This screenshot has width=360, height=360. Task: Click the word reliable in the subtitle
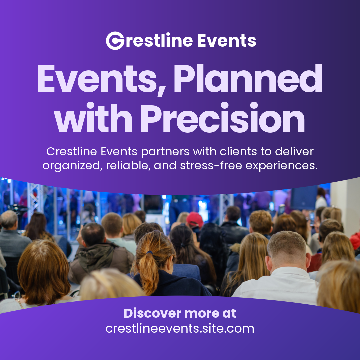pyautogui.click(x=126, y=165)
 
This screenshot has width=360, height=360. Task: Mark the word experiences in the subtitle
pyautogui.click(x=283, y=165)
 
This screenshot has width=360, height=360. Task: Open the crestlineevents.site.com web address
pyautogui.click(x=180, y=328)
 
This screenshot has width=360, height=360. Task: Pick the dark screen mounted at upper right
pyautogui.click(x=304, y=197)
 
